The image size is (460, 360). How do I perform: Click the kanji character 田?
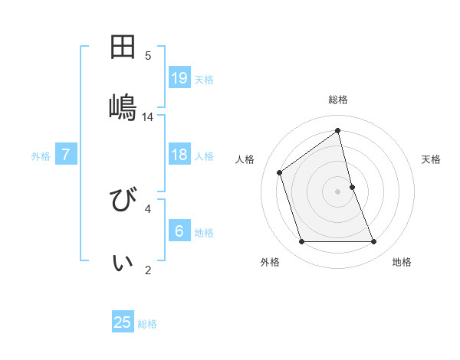(x=123, y=47)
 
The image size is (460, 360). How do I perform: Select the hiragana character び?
(x=123, y=203)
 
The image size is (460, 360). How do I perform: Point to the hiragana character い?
(x=123, y=263)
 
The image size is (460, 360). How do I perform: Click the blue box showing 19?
(x=179, y=77)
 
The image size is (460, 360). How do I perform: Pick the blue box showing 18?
(x=179, y=155)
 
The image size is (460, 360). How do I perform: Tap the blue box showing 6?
(x=179, y=231)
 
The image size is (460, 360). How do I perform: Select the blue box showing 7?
(x=66, y=155)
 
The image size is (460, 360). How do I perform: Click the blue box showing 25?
(x=123, y=322)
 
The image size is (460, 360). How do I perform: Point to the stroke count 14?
(x=148, y=117)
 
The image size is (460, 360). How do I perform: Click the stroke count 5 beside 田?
(x=148, y=55)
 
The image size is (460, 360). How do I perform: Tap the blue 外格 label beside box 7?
(x=41, y=156)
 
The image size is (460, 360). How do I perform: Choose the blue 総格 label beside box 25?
(x=147, y=324)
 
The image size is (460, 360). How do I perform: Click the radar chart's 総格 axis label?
(x=338, y=100)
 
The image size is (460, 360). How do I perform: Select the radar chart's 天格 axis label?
(x=432, y=159)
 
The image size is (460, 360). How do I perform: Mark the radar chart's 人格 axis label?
(x=245, y=159)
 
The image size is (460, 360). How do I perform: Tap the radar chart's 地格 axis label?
(x=402, y=262)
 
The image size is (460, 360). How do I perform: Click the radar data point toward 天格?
(x=352, y=186)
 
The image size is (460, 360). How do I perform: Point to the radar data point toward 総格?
(x=338, y=131)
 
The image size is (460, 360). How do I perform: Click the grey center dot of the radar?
(x=338, y=191)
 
